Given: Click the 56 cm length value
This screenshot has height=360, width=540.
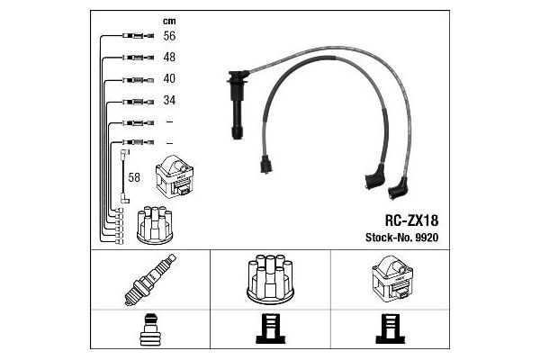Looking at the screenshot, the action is [169, 36].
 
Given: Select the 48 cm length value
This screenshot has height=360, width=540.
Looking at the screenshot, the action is [169, 58].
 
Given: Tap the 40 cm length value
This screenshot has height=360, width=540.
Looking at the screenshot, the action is [169, 78].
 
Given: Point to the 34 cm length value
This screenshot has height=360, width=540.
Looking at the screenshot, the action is [169, 100].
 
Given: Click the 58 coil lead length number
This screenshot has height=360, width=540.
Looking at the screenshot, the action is [134, 177].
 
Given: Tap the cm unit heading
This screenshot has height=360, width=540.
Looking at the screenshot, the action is [169, 22].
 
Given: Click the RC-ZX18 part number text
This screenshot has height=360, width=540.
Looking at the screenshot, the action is [411, 220].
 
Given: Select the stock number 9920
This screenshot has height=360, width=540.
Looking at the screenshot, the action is [427, 238].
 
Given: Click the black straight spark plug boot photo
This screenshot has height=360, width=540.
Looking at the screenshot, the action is [238, 104].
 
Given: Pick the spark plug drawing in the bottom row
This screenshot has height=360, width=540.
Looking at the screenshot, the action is [150, 280].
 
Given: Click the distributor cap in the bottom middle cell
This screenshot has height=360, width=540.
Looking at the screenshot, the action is [270, 279].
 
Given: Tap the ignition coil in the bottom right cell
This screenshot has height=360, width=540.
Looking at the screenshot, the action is [392, 279].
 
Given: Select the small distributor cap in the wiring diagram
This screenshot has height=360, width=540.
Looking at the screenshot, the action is [155, 225].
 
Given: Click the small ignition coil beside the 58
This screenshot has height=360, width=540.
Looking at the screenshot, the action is [175, 176].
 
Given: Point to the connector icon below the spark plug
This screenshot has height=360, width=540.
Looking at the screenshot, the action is [150, 329].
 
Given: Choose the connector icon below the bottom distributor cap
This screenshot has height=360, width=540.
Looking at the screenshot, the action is [271, 328].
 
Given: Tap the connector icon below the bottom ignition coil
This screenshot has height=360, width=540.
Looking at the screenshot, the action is [391, 328].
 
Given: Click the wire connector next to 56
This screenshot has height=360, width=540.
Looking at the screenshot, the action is [138, 35].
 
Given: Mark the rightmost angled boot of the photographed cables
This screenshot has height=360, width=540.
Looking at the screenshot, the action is [398, 188].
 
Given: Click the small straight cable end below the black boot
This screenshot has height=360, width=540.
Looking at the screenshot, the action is [265, 165].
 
